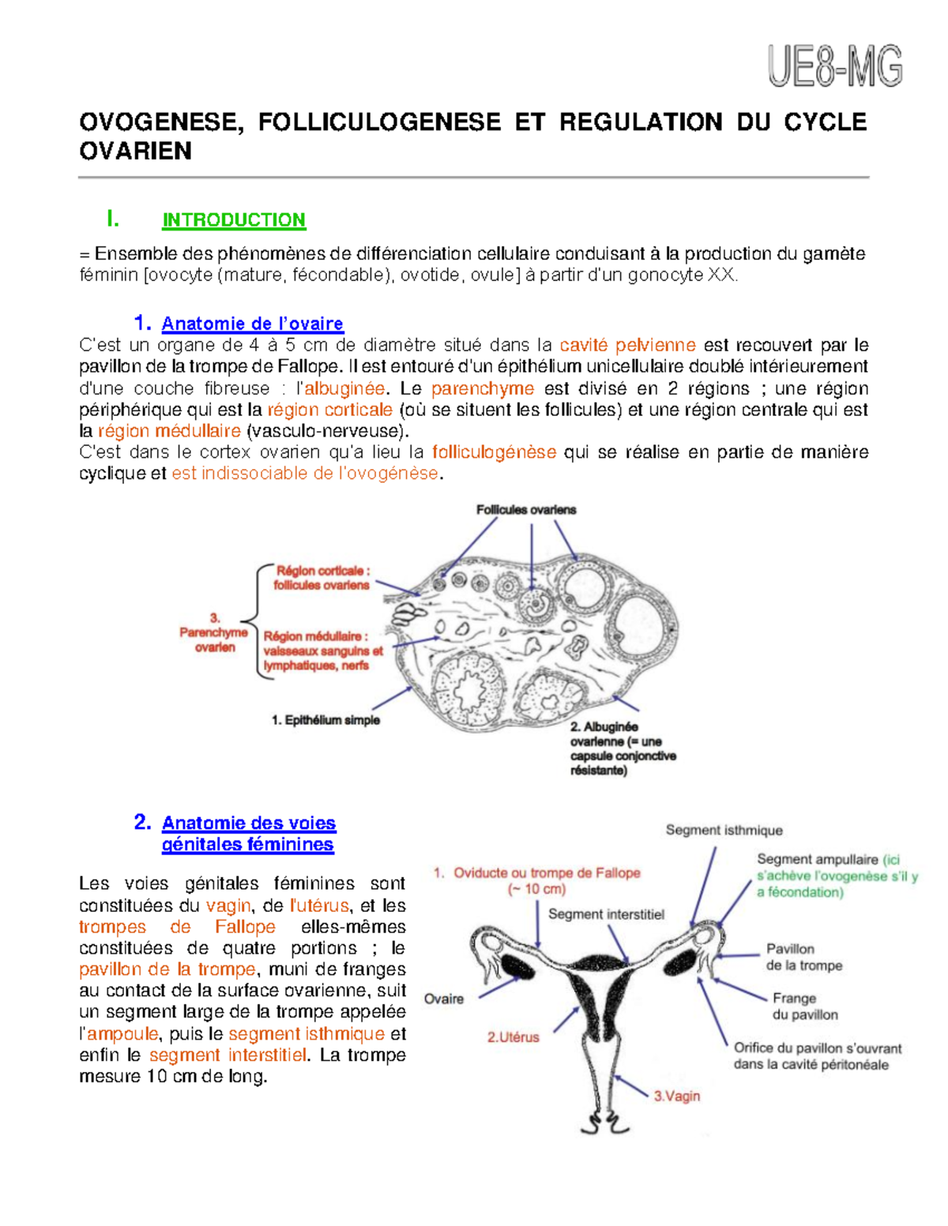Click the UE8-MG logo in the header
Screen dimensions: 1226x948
834,66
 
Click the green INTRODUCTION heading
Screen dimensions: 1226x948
233,220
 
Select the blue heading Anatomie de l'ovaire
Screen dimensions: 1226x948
252,324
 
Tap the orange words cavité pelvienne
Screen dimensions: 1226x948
627,345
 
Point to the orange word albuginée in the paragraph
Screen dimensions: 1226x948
344,388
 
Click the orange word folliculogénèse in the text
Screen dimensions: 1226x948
494,452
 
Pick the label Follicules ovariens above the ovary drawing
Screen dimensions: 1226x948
525,510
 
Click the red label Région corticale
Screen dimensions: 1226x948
322,571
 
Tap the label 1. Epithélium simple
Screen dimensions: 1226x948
325,720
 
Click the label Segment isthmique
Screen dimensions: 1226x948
724,830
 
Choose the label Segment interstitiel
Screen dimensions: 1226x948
606,914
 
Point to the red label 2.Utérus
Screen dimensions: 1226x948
513,1037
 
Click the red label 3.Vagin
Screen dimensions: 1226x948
676,1096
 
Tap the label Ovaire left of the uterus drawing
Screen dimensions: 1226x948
443,999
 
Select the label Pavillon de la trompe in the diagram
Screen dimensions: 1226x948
803,957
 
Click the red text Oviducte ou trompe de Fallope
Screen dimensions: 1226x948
546,873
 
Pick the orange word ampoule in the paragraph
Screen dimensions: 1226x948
122,1034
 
